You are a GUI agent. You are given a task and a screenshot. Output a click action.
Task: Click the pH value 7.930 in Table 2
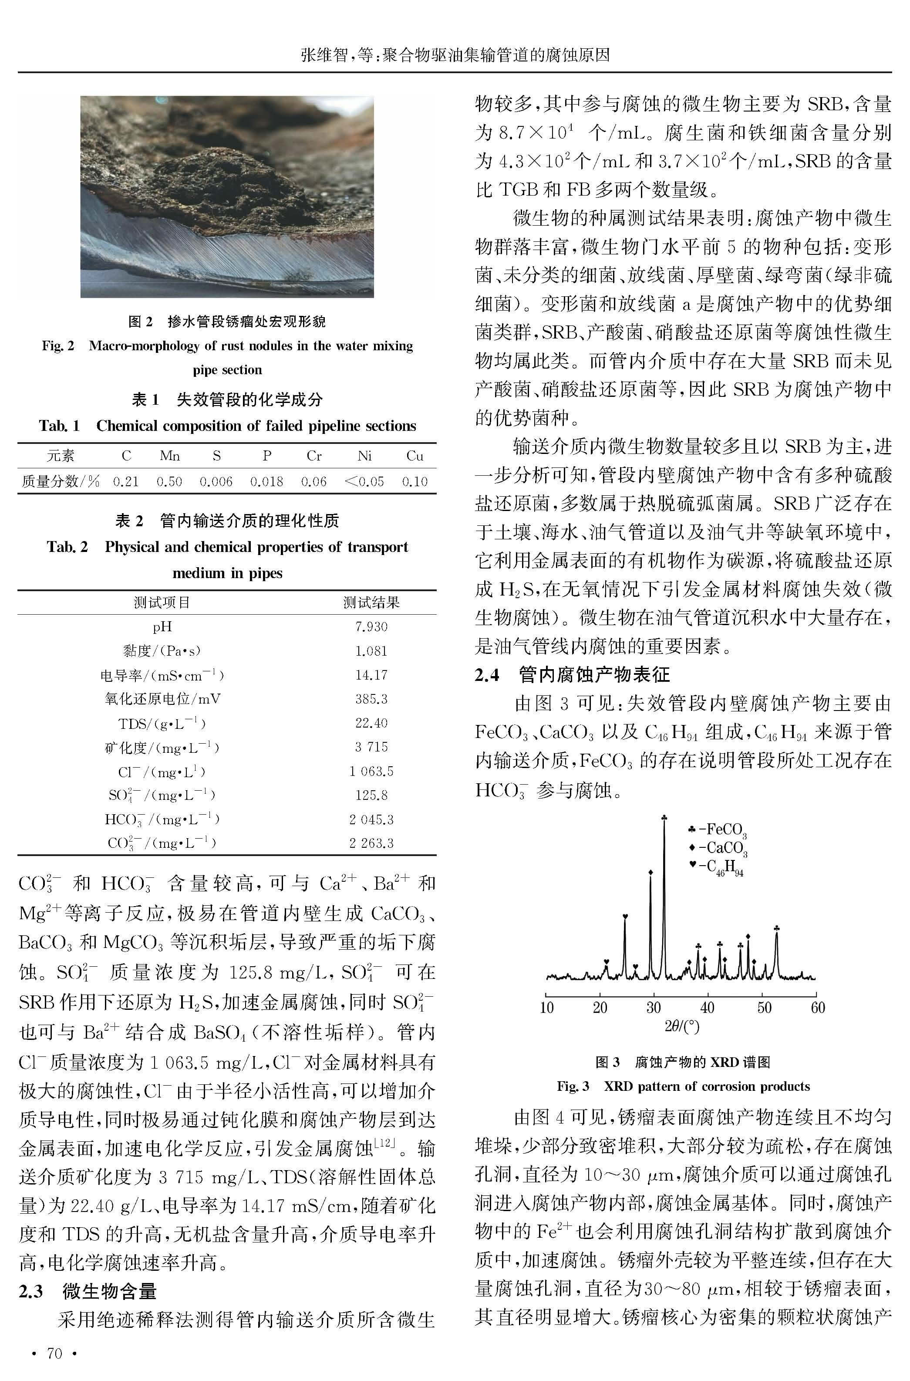(x=371, y=626)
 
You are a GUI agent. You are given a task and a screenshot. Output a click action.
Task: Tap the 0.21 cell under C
(x=126, y=481)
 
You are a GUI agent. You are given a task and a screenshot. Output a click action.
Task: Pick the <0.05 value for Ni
(x=364, y=481)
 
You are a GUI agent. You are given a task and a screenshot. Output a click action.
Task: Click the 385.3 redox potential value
(x=371, y=699)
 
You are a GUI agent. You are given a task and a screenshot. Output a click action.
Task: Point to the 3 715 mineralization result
(x=371, y=747)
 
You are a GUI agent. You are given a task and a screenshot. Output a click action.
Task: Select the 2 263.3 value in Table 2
(x=371, y=843)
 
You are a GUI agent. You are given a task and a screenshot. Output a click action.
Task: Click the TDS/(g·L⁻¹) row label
(x=162, y=723)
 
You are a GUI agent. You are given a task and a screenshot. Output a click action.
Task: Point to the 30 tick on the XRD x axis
(x=654, y=1007)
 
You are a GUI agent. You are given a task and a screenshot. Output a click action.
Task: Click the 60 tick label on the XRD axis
(x=817, y=1007)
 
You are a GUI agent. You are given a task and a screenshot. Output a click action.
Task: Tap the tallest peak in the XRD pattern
(x=664, y=819)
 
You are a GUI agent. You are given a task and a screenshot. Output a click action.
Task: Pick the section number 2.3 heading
(x=31, y=1292)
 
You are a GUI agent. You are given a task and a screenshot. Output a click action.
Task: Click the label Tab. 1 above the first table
(x=59, y=426)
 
